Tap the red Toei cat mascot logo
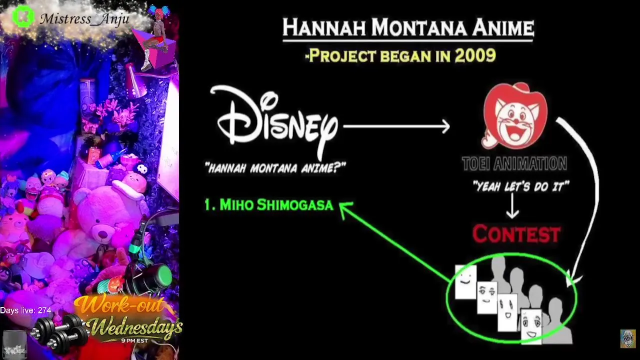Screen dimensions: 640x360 514,115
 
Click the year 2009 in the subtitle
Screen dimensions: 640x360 475,55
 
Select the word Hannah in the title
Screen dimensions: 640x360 324,27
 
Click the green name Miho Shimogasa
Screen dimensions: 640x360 269,205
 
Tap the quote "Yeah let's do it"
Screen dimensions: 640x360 521,186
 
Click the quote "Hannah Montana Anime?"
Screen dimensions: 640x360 275,167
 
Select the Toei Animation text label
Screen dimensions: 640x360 514,163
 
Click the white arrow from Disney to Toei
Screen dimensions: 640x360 396,126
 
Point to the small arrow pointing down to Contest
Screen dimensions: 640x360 512,205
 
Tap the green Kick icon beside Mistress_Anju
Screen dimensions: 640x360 23,16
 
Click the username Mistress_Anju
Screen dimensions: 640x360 84,19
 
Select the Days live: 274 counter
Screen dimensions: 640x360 25,310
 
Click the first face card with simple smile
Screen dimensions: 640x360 465,281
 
